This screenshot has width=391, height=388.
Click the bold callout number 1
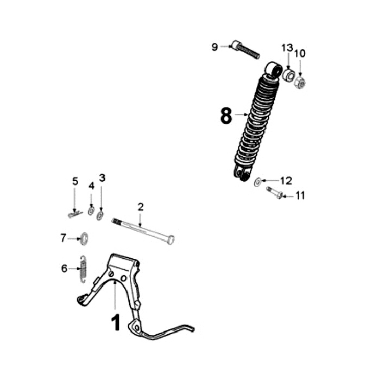click(115, 322)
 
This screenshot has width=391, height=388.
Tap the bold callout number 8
click(226, 115)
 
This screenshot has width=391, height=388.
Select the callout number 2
click(141, 207)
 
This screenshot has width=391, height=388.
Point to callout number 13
click(287, 49)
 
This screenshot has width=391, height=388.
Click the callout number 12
click(286, 180)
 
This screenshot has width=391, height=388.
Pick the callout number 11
click(300, 195)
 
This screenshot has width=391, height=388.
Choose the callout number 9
click(215, 47)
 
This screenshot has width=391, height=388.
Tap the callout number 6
click(64, 268)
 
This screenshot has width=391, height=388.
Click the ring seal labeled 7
click(84, 238)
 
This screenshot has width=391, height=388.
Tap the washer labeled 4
click(91, 211)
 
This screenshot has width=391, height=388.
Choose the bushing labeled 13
click(288, 74)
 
